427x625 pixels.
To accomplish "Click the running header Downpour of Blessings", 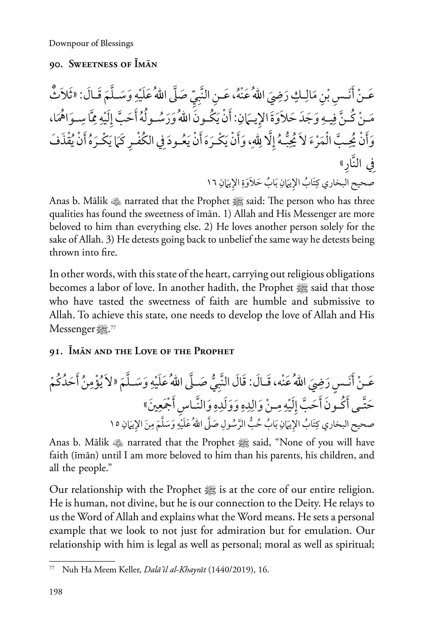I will (x=91, y=44).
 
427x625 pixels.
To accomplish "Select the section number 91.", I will (x=54, y=352).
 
